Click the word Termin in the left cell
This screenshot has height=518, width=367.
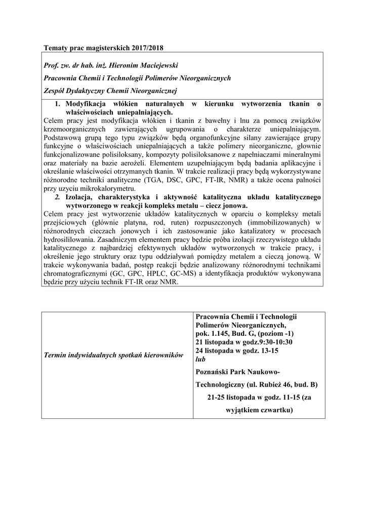click(x=58, y=357)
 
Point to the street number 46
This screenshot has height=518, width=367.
click(x=293, y=384)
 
